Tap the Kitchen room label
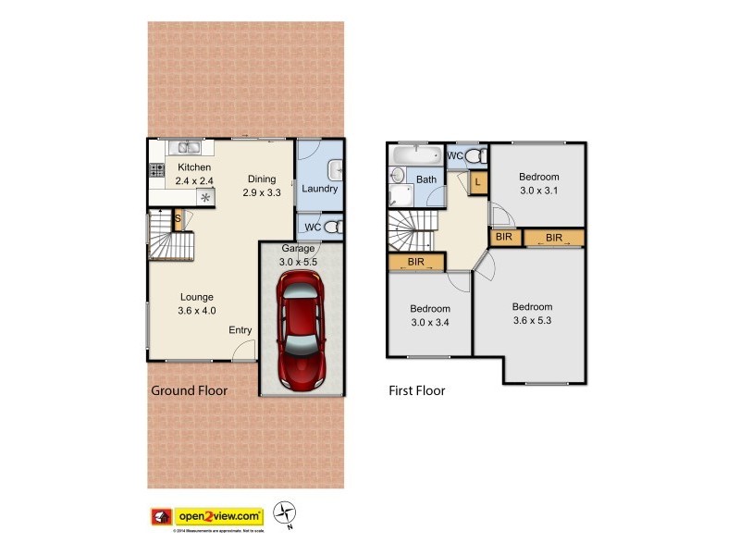tap(194, 167)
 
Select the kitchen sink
tap(189, 146)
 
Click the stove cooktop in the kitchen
tap(154, 169)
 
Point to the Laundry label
tap(319, 189)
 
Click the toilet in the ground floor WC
tap(334, 227)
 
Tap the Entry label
tap(240, 330)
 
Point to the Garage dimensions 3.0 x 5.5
tap(298, 262)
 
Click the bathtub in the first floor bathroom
tap(417, 154)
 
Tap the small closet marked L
tap(477, 182)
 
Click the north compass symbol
tap(288, 513)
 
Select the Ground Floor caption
tap(189, 390)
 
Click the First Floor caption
tap(416, 390)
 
